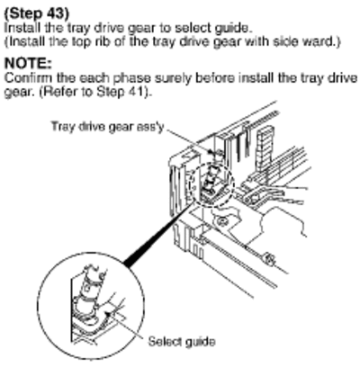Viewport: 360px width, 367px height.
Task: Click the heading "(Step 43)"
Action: point(37,13)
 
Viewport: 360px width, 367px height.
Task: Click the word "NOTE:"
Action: point(28,64)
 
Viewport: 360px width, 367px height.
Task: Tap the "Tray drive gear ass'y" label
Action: point(108,127)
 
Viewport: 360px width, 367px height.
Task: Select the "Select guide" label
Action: point(182,342)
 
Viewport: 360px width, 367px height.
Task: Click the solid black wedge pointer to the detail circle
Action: point(157,234)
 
